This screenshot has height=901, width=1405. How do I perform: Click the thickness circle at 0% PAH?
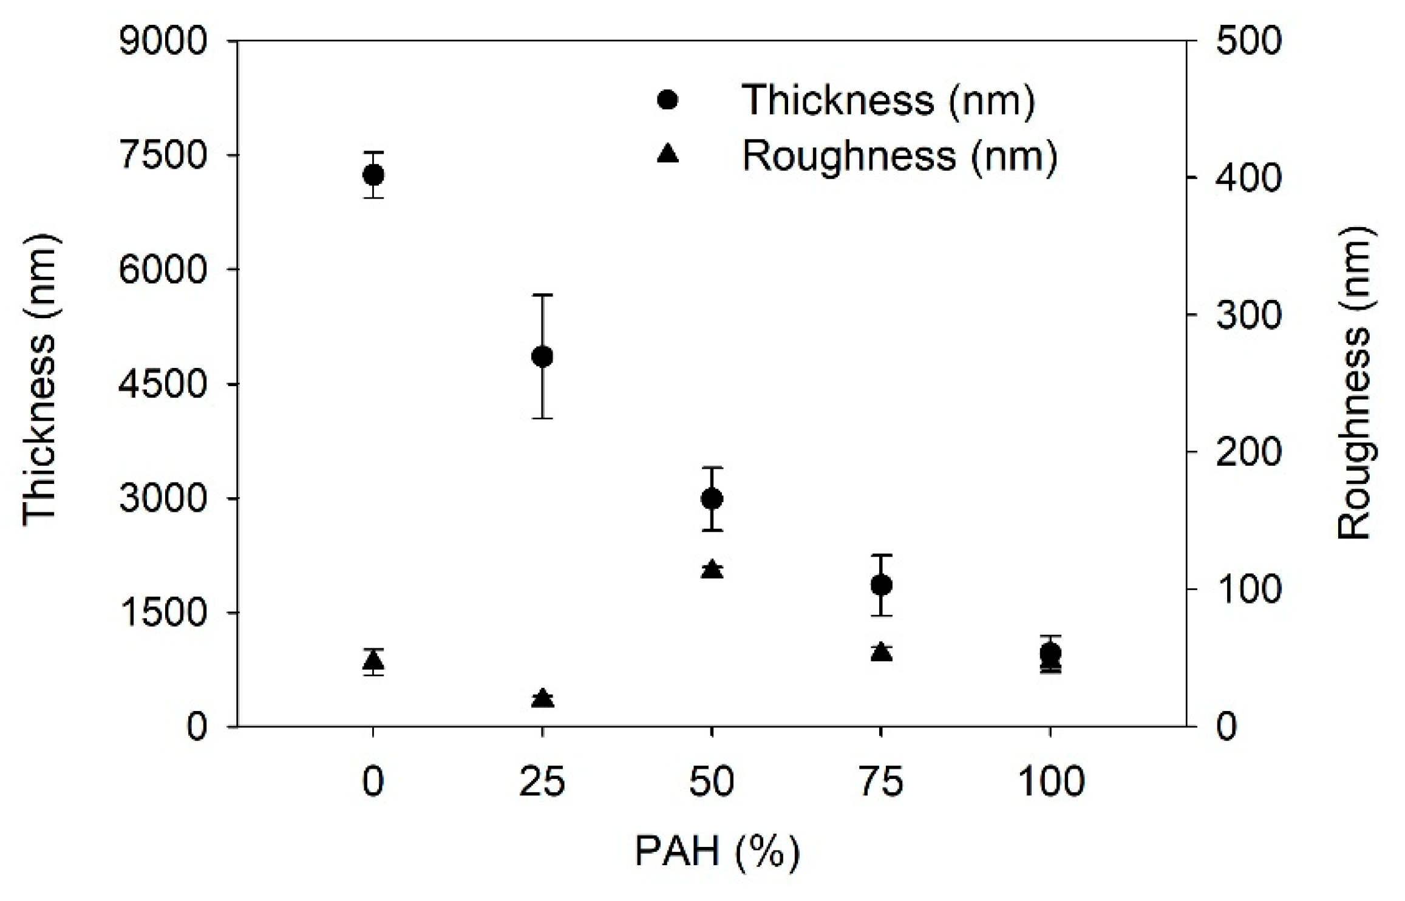(373, 175)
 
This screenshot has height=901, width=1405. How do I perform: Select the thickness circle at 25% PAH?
(542, 356)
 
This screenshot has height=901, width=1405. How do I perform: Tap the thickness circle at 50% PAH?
(712, 498)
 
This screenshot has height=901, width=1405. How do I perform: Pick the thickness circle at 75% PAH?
(881, 585)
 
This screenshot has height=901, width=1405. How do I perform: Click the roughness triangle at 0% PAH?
(373, 661)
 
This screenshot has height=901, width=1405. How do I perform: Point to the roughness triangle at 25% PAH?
(542, 698)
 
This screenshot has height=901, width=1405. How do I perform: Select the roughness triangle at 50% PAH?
(712, 569)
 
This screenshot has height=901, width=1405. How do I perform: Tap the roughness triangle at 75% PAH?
(881, 652)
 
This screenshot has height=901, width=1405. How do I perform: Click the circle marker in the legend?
(667, 99)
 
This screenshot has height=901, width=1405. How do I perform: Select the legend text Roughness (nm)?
(899, 155)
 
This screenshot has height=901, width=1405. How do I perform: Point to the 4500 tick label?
(163, 384)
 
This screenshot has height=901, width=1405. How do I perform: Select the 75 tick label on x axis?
(881, 781)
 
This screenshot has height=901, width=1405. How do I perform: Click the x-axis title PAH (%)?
(717, 852)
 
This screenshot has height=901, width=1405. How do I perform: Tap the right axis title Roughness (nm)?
(1355, 382)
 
